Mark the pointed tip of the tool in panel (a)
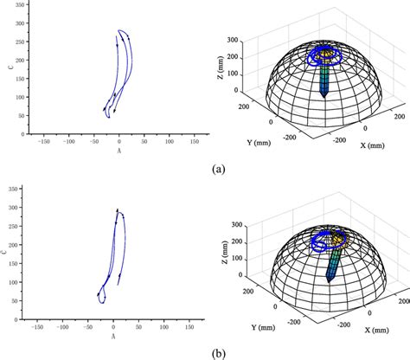tap(324, 97)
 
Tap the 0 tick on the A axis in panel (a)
tap(119, 142)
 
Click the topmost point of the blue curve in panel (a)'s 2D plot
tap(120, 30)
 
